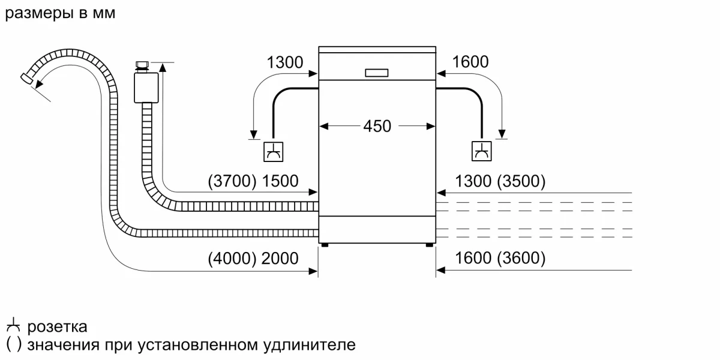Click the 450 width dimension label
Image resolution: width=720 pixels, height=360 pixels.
point(377,127)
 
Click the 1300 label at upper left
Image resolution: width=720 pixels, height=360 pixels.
point(285,62)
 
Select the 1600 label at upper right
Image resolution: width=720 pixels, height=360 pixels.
point(470,62)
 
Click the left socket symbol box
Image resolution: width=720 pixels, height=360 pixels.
point(274,151)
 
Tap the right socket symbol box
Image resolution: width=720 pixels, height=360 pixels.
point(481,151)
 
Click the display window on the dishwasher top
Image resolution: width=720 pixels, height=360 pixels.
point(377,73)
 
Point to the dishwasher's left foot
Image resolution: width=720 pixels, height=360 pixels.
point(325,245)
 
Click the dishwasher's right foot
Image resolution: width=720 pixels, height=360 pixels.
point(430,245)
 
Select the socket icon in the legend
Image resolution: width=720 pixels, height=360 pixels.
point(13,328)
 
